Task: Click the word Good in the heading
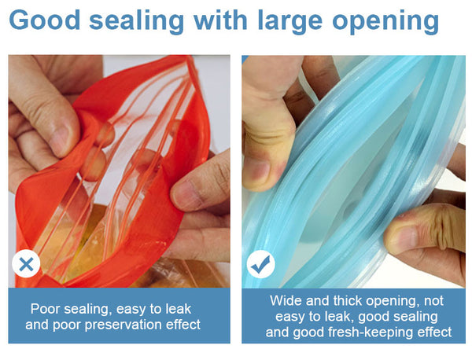[x=45, y=20]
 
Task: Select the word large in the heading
[x=290, y=22]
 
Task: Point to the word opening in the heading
[x=385, y=22]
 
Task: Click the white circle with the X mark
[x=26, y=264]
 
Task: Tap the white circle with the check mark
[x=260, y=264]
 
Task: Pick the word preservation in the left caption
[x=124, y=325]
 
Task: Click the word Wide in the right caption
[x=286, y=301]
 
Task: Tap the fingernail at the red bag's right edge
[x=184, y=195]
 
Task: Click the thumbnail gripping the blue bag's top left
[x=256, y=169]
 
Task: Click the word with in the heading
[x=220, y=20]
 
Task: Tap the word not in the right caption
[x=433, y=301]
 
